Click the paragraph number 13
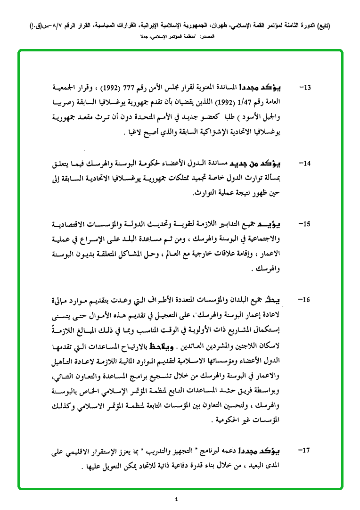pyautogui.click(x=306, y=88)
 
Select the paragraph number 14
pyautogui.click(x=306, y=164)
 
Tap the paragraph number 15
pyautogui.click(x=306, y=224)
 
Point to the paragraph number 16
pyautogui.click(x=306, y=300)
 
